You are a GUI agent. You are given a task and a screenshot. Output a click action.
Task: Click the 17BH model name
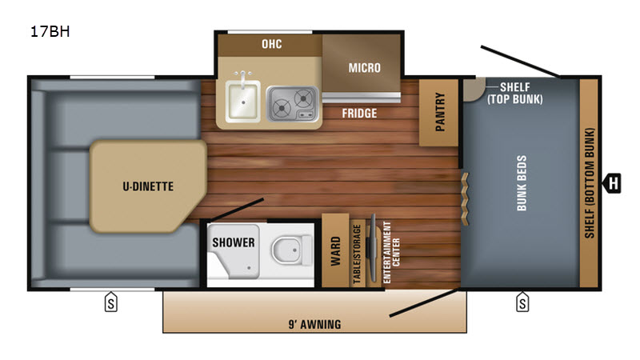50,31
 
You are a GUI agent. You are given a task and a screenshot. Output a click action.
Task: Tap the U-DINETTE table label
148,186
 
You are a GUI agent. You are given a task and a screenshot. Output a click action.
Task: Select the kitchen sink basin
243,101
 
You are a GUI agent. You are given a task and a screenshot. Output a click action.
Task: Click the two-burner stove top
292,104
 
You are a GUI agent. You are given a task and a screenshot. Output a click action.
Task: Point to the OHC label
272,44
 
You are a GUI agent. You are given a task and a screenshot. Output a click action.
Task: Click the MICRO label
365,68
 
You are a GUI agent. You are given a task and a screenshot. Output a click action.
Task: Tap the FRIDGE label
359,113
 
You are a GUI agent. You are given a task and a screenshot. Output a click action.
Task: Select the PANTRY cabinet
439,112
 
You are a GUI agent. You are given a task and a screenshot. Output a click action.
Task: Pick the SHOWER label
234,242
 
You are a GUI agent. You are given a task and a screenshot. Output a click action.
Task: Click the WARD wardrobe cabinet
335,250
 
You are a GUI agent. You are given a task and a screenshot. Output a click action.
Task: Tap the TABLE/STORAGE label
357,254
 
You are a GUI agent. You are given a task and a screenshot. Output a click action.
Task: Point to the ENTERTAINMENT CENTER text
391,253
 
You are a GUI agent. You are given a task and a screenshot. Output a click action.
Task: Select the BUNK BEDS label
522,183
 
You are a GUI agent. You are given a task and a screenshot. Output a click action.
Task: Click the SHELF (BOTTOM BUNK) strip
589,183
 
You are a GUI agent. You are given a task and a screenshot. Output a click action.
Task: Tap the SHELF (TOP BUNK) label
514,93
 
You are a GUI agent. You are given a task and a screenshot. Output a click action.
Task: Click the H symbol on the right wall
612,183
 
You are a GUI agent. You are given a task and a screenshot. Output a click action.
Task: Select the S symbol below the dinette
111,302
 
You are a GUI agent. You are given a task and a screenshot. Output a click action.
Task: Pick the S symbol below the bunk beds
522,302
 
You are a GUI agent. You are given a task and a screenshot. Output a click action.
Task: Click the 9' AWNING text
314,325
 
